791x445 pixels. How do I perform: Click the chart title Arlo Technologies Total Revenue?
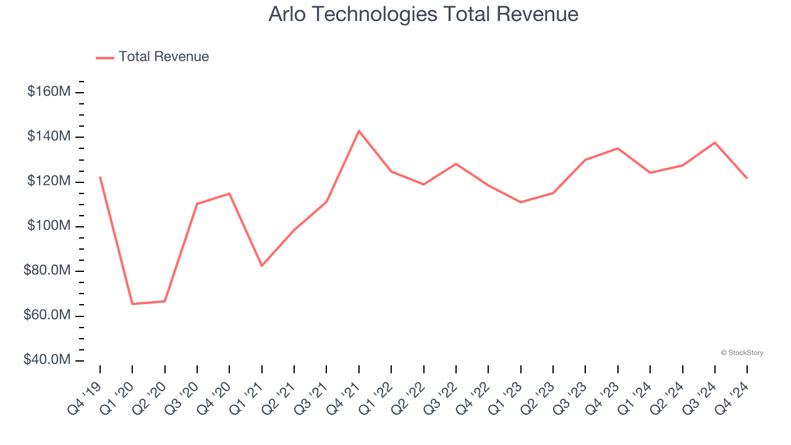423,14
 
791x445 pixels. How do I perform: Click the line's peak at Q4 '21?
359,131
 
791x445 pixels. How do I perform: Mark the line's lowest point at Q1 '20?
132,303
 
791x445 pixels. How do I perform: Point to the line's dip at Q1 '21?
262,266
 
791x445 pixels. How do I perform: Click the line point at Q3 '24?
715,143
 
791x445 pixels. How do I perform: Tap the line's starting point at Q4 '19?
100,177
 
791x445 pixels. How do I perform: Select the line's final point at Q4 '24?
747,179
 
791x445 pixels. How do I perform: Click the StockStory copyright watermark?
742,353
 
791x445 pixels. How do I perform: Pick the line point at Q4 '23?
618,148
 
